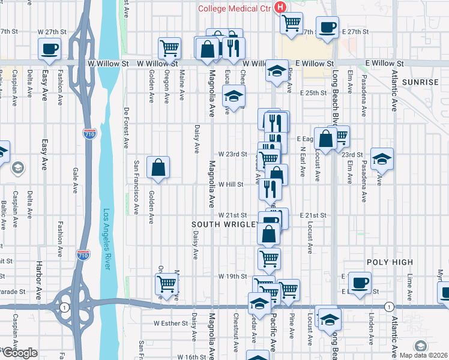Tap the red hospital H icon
280,7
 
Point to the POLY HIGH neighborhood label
390,262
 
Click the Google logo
19,353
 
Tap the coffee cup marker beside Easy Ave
49,49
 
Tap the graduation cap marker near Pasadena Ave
382,158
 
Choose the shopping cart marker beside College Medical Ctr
291,23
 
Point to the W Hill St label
231,185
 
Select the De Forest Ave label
127,128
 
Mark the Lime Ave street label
409,284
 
